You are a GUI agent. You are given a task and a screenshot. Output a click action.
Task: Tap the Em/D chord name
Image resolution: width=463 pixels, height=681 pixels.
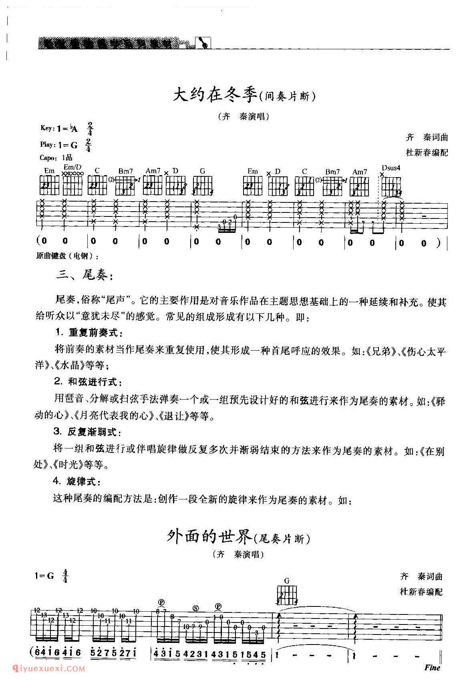click(x=72, y=167)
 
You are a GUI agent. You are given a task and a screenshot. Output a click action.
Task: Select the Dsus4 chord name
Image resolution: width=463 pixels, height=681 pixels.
click(x=391, y=168)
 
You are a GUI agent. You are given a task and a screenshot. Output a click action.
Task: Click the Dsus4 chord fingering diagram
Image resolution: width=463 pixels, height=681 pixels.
click(x=391, y=186)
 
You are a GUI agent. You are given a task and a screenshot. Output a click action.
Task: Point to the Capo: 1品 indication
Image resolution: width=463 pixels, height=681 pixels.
click(x=56, y=158)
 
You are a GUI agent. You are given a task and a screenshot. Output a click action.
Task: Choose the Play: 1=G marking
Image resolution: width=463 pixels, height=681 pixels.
click(x=59, y=145)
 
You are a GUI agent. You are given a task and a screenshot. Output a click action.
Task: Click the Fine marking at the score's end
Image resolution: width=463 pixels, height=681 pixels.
click(x=433, y=667)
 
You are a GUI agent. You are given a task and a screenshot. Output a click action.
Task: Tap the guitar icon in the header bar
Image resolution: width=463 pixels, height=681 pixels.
click(x=203, y=42)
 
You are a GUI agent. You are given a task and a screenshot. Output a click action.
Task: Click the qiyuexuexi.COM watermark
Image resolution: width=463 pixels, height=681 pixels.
click(x=43, y=668)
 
